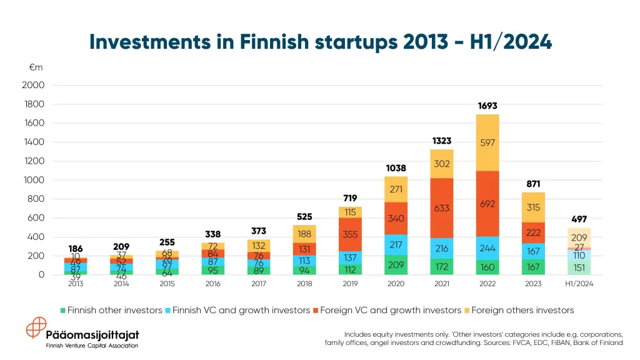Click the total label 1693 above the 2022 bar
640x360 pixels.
point(487,106)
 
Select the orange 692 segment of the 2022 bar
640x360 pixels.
point(487,204)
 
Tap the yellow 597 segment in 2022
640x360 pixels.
point(487,142)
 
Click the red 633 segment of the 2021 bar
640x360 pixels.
point(441,208)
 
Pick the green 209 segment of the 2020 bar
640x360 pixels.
point(396,265)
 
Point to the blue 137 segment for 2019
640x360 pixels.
point(350,257)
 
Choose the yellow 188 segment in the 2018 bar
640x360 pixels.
point(304,234)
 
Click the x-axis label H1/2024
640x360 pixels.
point(578,284)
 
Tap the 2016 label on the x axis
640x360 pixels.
point(213,284)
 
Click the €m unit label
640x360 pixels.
point(36,67)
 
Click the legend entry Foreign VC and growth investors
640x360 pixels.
point(386,310)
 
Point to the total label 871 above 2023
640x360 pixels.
point(532,184)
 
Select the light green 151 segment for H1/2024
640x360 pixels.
point(578,268)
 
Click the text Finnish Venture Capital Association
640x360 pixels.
point(92,346)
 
